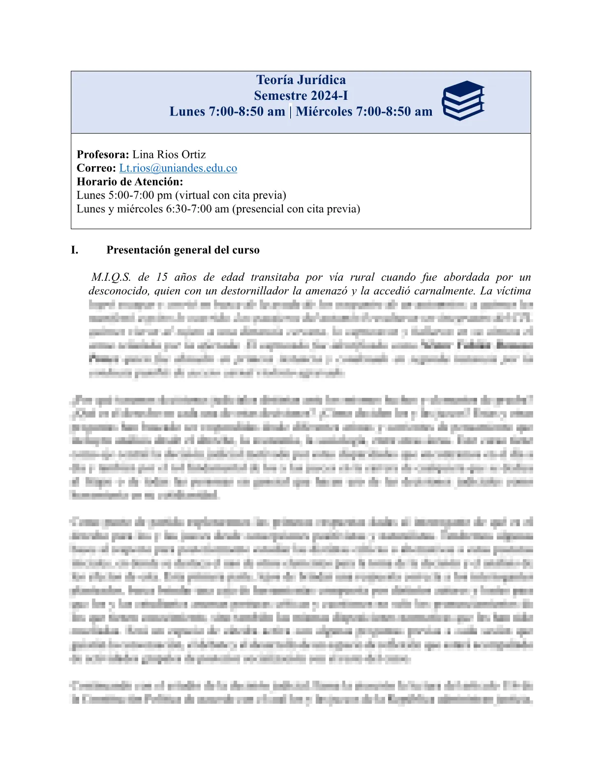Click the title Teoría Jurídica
(301, 80)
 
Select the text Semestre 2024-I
(301, 95)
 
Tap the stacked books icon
(463, 100)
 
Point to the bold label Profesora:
(103, 154)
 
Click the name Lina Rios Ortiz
(169, 154)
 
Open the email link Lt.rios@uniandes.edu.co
(178, 168)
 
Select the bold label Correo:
(96, 168)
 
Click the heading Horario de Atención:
(130, 181)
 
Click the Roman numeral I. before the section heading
(74, 250)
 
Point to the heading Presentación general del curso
(183, 250)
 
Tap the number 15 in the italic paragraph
(162, 277)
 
